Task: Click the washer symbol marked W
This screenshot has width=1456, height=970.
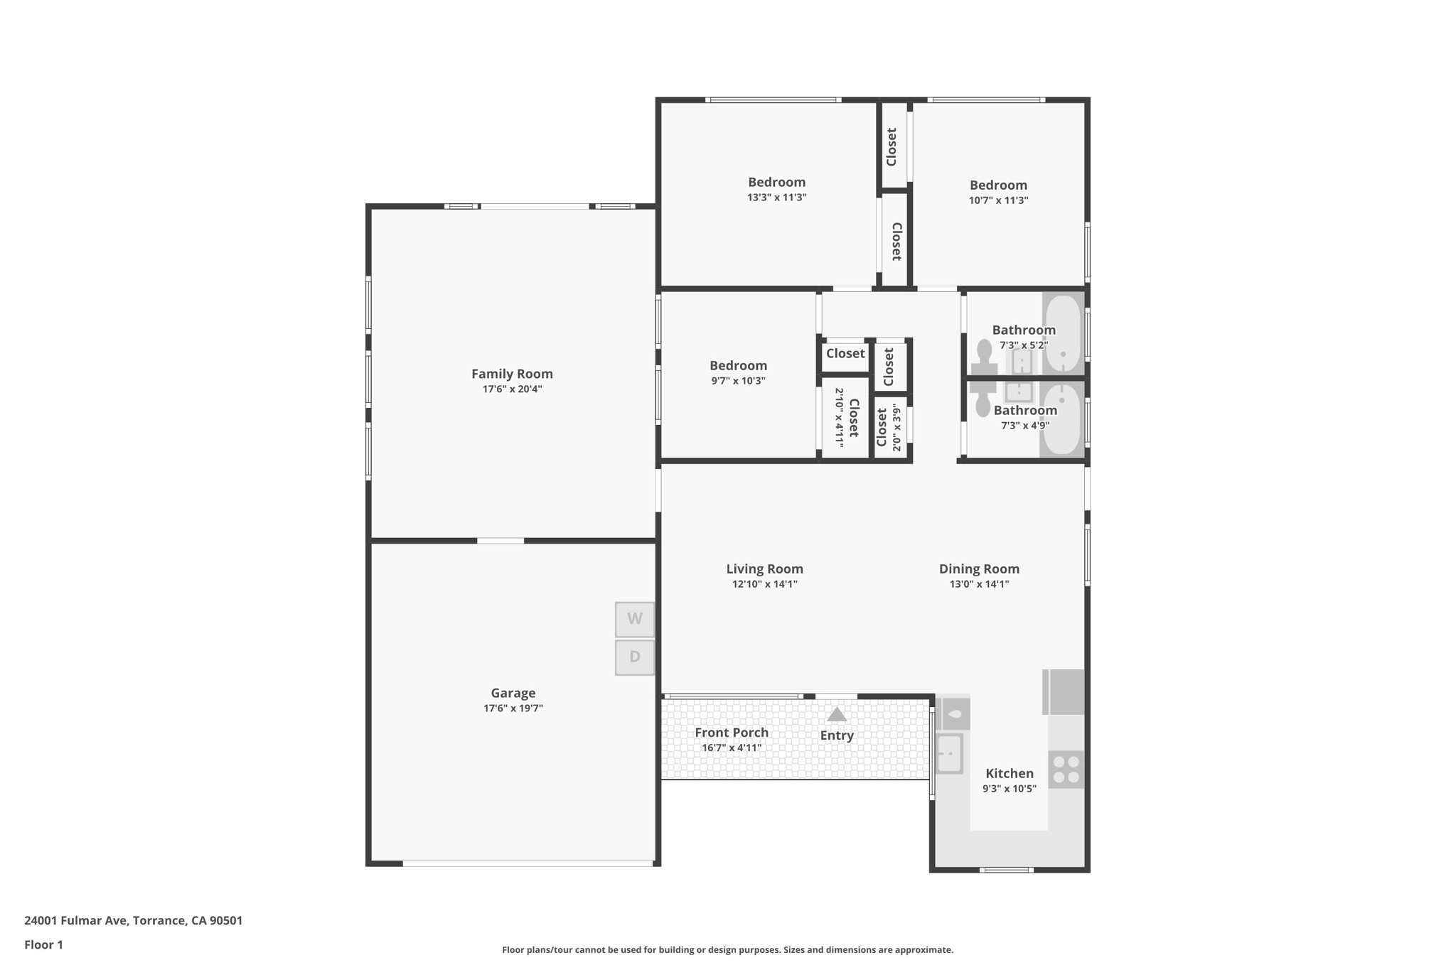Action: click(634, 619)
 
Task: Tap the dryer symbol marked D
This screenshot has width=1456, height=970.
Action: click(634, 657)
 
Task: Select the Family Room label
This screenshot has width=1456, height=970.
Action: click(512, 374)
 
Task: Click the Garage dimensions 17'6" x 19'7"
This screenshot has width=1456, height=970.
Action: click(513, 708)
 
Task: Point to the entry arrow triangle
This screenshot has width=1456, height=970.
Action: click(837, 715)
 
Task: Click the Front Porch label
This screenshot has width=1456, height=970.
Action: click(732, 733)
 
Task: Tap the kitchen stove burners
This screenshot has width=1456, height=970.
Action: click(1066, 770)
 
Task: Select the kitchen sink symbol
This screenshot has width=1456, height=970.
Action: click(949, 753)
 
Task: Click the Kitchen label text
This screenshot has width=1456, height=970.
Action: click(1009, 773)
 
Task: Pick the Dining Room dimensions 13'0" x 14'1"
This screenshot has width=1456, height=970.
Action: click(979, 584)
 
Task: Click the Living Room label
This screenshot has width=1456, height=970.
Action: click(764, 568)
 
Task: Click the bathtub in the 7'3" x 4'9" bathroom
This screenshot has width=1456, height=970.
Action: click(1062, 419)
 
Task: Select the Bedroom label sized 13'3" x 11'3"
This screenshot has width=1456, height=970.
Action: click(776, 182)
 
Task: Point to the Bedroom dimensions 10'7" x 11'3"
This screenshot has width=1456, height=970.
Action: click(998, 200)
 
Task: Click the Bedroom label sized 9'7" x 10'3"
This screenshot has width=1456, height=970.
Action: click(738, 365)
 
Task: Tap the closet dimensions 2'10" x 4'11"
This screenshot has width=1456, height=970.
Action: click(839, 417)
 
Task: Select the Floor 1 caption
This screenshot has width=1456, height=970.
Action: click(43, 944)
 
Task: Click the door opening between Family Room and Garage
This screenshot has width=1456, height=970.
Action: click(500, 541)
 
